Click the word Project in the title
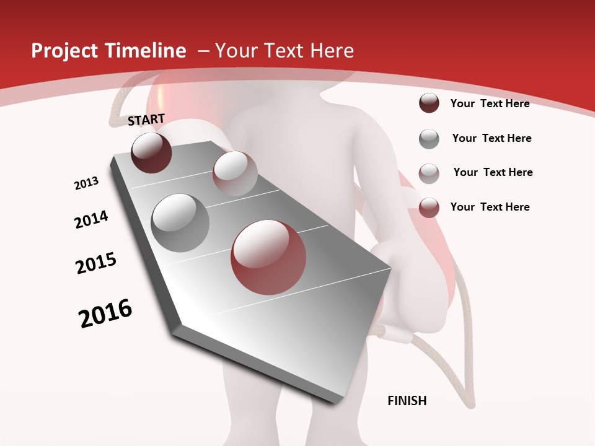pos(61,51)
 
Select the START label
pos(146,120)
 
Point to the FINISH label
pos(407,401)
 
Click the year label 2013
pos(86,183)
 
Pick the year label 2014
pos(91,219)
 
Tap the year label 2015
pos(96,263)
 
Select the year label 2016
pos(105,313)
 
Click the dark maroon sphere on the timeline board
pos(151,152)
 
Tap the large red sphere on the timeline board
pos(268,257)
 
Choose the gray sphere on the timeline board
pos(180,222)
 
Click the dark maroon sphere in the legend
pos(429,103)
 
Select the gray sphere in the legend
pos(429,139)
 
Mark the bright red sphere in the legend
pos(429,208)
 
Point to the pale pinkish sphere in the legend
pos(429,173)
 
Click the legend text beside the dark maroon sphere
pos(490,103)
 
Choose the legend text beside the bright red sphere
pos(490,207)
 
